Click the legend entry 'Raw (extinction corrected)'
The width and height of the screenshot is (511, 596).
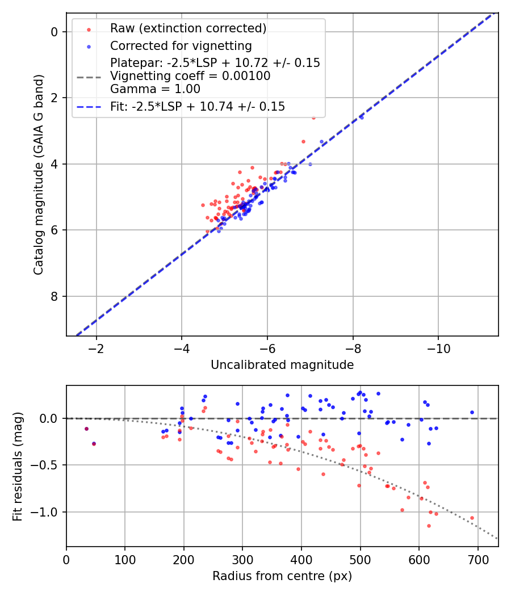pyautogui.click(x=188, y=28)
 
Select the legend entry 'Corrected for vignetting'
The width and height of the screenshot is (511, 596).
pyautogui.click(x=181, y=45)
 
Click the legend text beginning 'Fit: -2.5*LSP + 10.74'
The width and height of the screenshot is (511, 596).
pyautogui.click(x=197, y=106)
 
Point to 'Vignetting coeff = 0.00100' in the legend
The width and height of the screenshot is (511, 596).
pyautogui.click(x=190, y=76)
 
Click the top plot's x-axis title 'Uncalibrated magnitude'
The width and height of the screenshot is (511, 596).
pyautogui.click(x=282, y=365)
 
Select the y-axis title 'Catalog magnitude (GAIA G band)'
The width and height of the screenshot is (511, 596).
pyautogui.click(x=38, y=175)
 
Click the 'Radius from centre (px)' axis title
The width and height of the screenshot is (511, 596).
pyautogui.click(x=282, y=576)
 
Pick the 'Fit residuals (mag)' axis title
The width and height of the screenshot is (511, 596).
pyautogui.click(x=18, y=466)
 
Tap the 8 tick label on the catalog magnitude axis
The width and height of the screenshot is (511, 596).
pyautogui.click(x=55, y=296)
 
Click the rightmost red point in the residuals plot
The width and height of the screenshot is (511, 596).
pyautogui.click(x=472, y=518)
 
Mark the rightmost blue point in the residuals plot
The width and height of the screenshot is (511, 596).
pyautogui.click(x=472, y=413)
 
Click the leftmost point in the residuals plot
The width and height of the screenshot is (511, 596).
pyautogui.click(x=86, y=429)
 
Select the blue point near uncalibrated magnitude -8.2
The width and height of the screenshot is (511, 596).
pyautogui.click(x=362, y=117)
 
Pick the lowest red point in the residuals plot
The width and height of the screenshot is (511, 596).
pyautogui.click(x=429, y=526)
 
